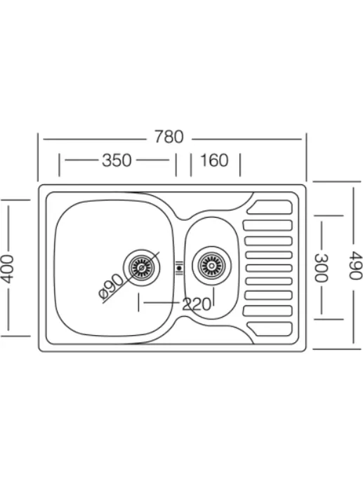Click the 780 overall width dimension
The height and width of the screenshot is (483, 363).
169,137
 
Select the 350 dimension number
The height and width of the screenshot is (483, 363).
117,161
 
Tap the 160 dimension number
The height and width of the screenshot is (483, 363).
214,161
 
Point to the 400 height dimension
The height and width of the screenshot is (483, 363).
7,268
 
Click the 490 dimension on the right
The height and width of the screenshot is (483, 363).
355,265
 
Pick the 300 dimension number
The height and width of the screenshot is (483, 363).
322,268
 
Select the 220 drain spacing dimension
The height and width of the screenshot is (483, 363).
197,304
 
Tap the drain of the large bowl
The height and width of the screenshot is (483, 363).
142,268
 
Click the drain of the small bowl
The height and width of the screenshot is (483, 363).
211,266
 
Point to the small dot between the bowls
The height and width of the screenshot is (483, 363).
179,268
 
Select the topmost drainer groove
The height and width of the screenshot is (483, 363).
270,207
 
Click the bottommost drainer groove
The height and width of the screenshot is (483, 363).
270,329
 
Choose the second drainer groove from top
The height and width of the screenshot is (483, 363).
268,225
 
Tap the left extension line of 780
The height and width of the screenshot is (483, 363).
38,157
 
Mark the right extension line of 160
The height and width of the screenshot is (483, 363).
240,165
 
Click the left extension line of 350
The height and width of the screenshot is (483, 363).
59,165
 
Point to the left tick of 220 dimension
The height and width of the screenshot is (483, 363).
139,302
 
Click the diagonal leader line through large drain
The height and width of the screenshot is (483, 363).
131,278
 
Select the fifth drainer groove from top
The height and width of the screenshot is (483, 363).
269,268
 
